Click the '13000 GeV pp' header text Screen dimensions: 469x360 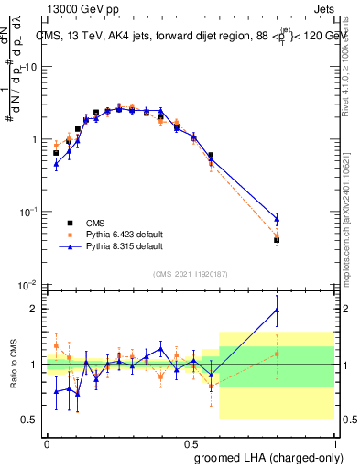77,7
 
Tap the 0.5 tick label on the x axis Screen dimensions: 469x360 190,442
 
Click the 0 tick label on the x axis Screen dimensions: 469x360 47,442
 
